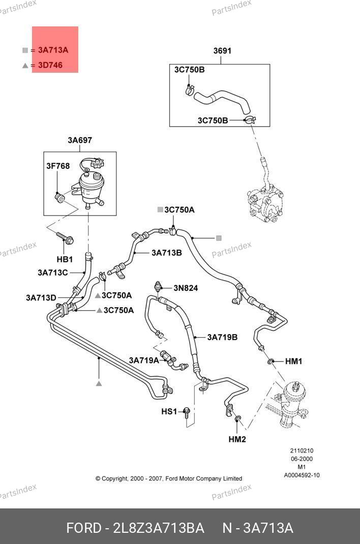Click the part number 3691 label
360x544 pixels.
222,51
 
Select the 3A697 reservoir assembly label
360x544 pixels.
80,140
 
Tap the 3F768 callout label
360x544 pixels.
58,166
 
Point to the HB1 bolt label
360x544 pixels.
65,259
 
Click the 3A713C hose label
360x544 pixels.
52,273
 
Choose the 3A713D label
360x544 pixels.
41,297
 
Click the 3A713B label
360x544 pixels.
166,252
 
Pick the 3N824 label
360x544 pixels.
186,288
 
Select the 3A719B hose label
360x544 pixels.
222,337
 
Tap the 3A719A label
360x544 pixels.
144,360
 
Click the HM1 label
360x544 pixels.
293,361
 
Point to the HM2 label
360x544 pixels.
237,439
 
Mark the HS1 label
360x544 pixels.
169,411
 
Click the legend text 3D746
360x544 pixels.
50,65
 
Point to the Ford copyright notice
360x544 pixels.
169,478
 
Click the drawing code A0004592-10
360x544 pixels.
302,475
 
